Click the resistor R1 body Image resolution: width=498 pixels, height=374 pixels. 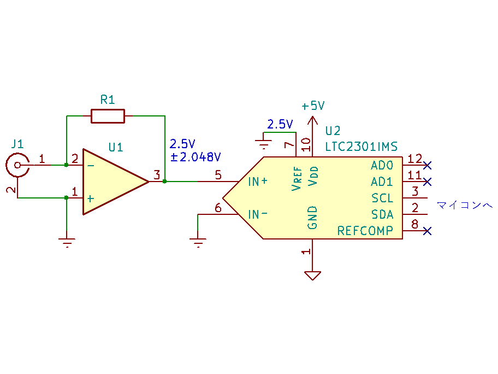(x=108, y=116)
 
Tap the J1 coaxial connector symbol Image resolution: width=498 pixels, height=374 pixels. (x=17, y=165)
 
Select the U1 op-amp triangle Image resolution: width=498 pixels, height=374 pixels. (x=116, y=182)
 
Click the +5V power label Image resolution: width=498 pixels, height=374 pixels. (x=313, y=106)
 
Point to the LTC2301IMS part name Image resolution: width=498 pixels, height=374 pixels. (x=361, y=147)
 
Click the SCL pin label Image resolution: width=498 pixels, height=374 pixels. (x=382, y=198)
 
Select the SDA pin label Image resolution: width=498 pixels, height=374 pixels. (x=382, y=215)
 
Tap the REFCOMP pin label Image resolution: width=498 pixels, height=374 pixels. (x=365, y=231)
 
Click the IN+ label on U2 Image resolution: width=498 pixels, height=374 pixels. (x=258, y=182)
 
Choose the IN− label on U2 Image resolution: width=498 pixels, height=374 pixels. (x=258, y=215)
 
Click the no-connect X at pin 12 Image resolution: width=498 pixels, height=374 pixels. (x=428, y=165)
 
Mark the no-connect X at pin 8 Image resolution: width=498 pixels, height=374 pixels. (x=428, y=231)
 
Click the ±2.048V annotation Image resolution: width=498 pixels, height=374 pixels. (x=195, y=157)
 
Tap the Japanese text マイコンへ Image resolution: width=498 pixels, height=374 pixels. (x=465, y=205)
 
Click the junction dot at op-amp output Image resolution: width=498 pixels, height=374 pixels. (x=164, y=182)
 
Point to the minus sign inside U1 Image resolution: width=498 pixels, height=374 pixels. (x=91, y=166)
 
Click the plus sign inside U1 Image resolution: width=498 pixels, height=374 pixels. (x=91, y=199)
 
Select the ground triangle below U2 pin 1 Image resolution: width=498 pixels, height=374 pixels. (x=312, y=276)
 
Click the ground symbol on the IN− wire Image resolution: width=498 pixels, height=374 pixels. (x=198, y=243)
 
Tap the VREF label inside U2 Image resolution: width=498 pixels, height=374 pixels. (x=297, y=178)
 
